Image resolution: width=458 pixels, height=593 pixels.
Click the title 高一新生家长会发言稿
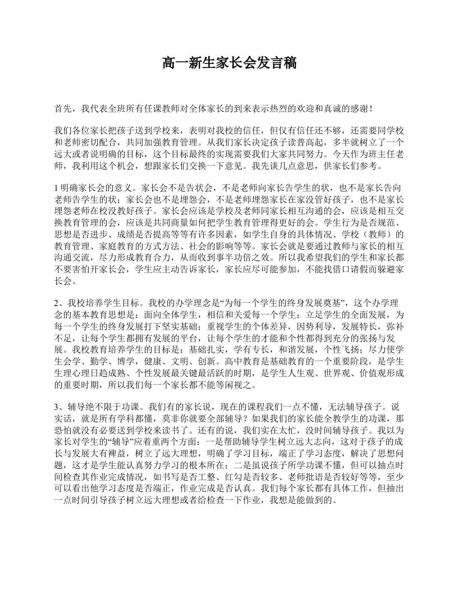tap(229, 62)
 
